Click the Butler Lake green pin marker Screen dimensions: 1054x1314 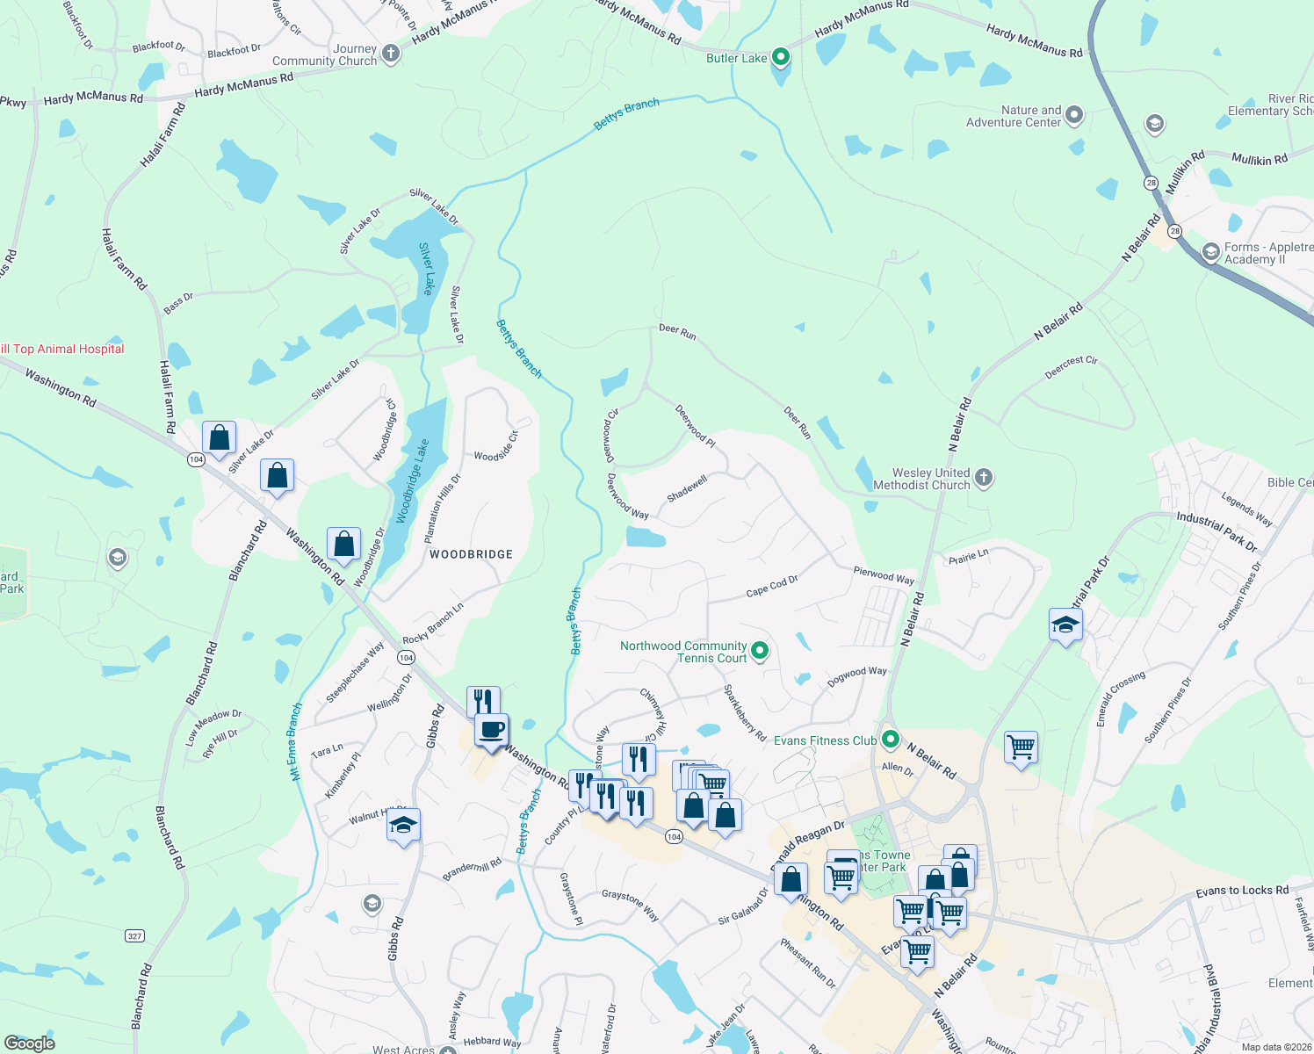tap(780, 58)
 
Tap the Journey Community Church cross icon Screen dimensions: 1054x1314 tap(390, 54)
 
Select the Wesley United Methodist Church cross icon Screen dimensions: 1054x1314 tap(984, 478)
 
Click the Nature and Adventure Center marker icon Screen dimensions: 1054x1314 tap(1074, 116)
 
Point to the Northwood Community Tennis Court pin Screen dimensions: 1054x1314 tap(761, 651)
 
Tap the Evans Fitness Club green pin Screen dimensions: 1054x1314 tap(891, 740)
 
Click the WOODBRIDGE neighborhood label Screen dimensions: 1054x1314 tap(471, 554)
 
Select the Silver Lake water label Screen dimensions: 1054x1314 tap(427, 269)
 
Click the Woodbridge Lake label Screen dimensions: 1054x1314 tap(413, 481)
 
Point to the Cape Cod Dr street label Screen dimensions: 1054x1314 tap(772, 586)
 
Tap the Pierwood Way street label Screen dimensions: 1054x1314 tap(884, 575)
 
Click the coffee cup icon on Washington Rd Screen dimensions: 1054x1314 tap(491, 729)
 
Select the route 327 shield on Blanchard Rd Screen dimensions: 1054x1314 tap(134, 935)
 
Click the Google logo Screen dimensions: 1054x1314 tap(30, 1043)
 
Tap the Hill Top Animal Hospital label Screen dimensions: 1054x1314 tap(62, 349)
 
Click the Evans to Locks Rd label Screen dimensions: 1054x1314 tap(1242, 891)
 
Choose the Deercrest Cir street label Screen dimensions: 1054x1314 tap(1071, 366)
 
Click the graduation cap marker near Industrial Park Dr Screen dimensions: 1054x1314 tap(1065, 624)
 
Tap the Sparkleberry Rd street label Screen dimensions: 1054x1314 tap(745, 712)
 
